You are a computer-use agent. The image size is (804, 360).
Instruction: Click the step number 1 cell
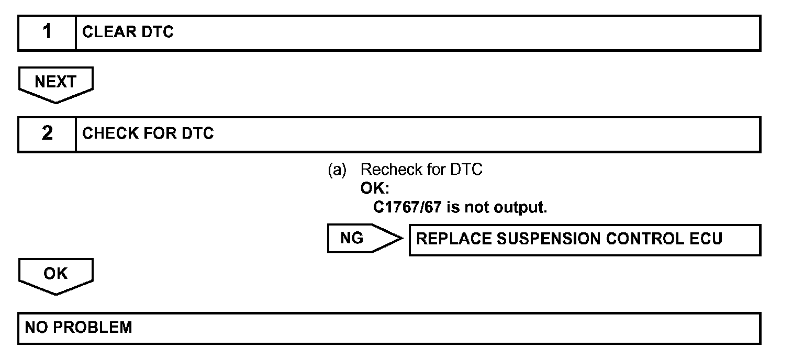47,32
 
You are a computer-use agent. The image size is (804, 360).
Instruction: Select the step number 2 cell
47,134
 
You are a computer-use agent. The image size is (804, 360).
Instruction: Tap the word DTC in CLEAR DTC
158,32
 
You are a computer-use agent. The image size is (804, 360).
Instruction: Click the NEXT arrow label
55,82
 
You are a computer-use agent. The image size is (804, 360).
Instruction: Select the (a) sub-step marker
337,170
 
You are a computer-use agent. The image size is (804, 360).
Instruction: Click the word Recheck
390,170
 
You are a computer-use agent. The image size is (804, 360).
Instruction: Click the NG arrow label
352,239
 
